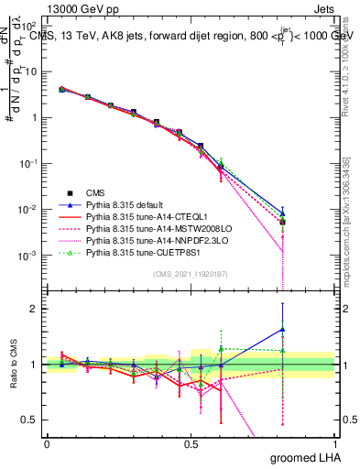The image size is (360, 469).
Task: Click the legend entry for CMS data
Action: [x=96, y=192]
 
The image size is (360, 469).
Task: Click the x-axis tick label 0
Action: [x=46, y=442]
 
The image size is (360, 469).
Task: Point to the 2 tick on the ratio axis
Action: [x=35, y=309]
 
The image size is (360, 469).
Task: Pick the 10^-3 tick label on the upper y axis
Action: [x=28, y=255]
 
